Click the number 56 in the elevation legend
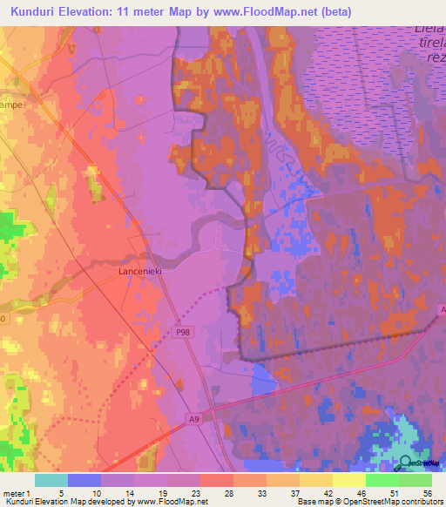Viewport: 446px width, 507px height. pos(427,493)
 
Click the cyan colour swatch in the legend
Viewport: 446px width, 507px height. pos(51,480)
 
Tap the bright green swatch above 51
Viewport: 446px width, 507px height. pos(382,480)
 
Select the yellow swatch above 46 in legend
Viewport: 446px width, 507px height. pos(348,480)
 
